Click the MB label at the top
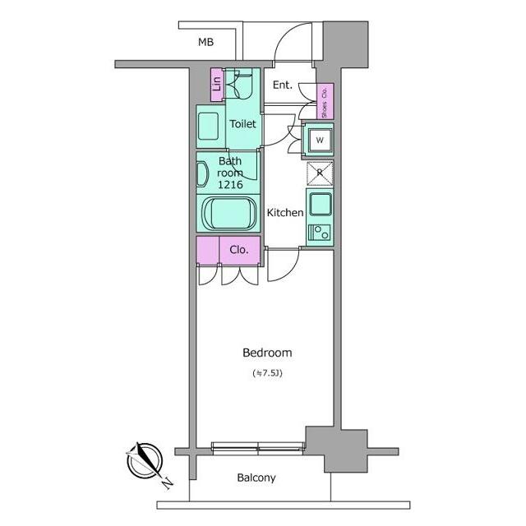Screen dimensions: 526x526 coord(205,42)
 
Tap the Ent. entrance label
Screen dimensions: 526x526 coord(283,85)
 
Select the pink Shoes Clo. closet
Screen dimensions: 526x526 coord(325,101)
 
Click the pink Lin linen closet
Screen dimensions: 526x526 coord(217,85)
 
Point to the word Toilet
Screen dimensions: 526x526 coord(243,124)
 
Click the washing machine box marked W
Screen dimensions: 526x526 coord(320,140)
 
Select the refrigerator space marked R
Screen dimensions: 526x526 coord(320,173)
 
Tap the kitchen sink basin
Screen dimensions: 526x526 coord(321,204)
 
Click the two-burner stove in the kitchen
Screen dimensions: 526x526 coord(320,233)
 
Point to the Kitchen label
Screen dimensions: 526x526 coord(285,212)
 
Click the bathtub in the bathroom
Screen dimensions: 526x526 coord(229,214)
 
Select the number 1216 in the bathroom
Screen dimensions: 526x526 coord(230,184)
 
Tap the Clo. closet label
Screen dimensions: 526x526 coord(239,250)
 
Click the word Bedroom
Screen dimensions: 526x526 coord(267,353)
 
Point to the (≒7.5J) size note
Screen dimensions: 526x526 coord(267,373)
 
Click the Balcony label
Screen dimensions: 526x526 coord(256,478)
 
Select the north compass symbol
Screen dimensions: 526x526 coord(145,460)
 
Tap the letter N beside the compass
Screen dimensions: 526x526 coord(167,484)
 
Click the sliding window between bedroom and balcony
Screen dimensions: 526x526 coord(257,449)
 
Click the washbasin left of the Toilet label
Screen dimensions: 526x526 coord(208,126)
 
